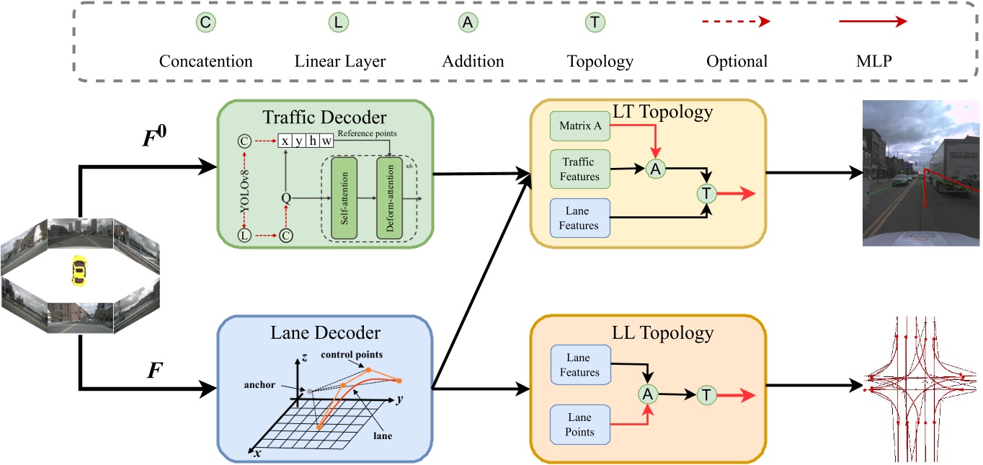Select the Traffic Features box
tap(579, 168)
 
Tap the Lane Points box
tap(579, 424)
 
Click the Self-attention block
tap(343, 196)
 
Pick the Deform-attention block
tap(389, 196)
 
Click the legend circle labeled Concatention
tap(206, 23)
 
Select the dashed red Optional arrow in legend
tap(737, 22)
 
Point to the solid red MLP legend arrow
tap(872, 22)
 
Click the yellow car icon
tap(77, 272)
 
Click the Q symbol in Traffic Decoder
tap(286, 196)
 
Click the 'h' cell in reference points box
tap(313, 141)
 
